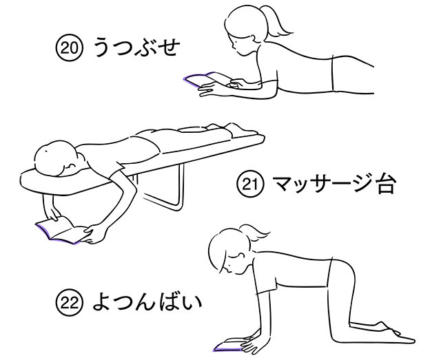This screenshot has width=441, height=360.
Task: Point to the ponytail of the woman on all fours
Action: coord(258,233)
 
